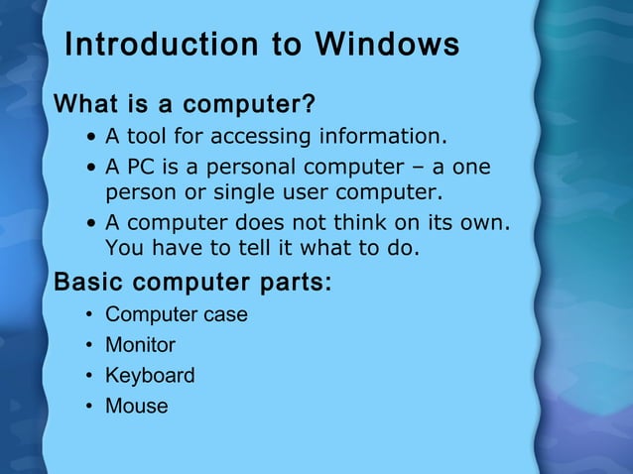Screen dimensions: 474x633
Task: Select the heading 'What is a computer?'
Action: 184,104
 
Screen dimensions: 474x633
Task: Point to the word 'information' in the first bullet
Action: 381,136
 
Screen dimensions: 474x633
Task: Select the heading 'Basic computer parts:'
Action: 192,283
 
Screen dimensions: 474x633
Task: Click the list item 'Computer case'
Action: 176,315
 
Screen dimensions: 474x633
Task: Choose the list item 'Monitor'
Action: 140,346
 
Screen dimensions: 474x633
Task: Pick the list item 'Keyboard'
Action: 150,376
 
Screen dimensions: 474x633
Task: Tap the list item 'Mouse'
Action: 136,407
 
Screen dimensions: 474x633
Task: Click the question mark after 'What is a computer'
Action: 309,104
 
